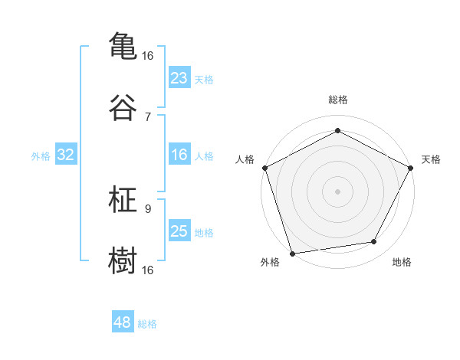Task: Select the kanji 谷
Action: point(123,108)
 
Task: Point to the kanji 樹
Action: point(123,260)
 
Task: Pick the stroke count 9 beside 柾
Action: point(148,208)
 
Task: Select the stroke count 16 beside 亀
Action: point(148,56)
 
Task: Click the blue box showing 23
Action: point(179,78)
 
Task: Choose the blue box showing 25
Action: point(179,231)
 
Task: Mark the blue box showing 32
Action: point(66,155)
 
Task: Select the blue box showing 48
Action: point(123,322)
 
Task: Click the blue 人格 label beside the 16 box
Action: point(204,156)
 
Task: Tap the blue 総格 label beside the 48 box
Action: point(147,324)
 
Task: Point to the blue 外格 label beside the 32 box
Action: point(41,156)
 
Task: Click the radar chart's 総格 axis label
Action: point(337,100)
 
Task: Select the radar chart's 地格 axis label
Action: point(402,263)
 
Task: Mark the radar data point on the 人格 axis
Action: point(264,167)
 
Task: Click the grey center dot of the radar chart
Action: point(337,191)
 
